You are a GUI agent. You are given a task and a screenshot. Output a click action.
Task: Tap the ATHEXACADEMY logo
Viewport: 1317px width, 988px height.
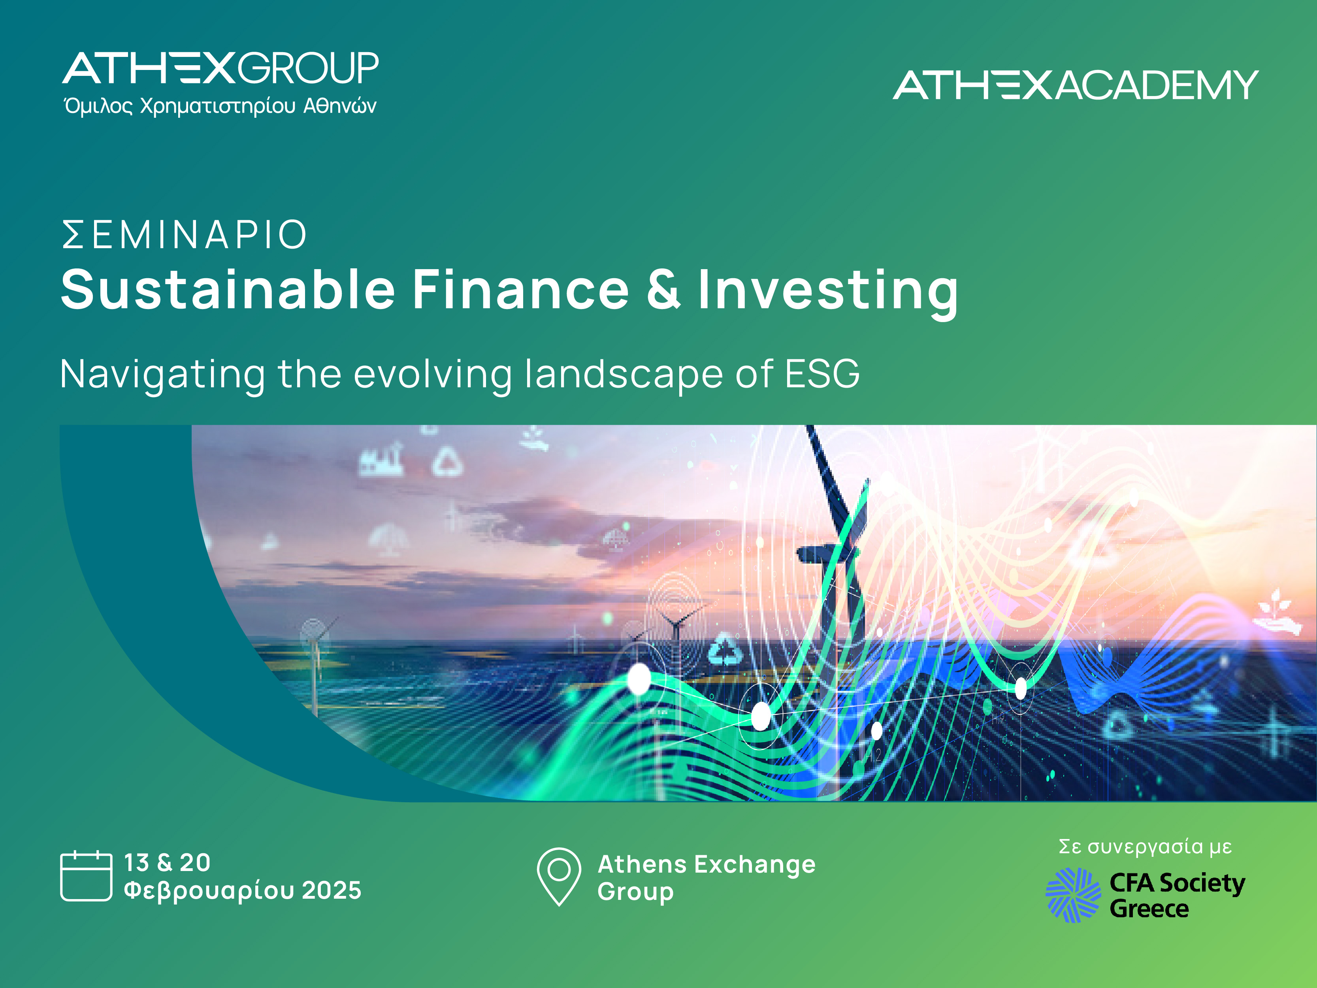[1075, 85]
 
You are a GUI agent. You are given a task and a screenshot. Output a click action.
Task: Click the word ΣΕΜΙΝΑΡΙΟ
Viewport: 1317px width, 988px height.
[185, 235]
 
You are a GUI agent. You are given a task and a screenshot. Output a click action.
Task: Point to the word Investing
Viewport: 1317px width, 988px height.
[827, 290]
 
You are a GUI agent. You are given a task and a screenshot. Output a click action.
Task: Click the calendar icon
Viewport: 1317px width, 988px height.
[86, 876]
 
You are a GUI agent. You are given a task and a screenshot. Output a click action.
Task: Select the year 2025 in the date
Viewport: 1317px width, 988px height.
[331, 890]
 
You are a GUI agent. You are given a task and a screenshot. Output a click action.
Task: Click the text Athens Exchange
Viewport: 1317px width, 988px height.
[706, 864]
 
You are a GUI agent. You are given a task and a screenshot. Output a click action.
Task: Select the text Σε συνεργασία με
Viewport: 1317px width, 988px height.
[1144, 846]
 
